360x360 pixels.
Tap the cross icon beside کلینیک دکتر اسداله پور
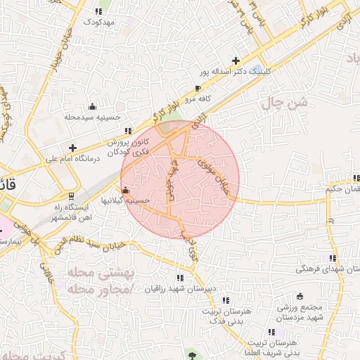pyautogui.click(x=236, y=60)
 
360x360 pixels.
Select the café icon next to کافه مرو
pyautogui.click(x=198, y=88)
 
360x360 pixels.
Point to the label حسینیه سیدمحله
pyautogui.click(x=94, y=117)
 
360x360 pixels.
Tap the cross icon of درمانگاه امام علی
pyautogui.click(x=72, y=147)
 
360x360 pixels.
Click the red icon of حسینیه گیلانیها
pyautogui.click(x=126, y=190)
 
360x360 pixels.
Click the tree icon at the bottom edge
pyautogui.click(x=191, y=355)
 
